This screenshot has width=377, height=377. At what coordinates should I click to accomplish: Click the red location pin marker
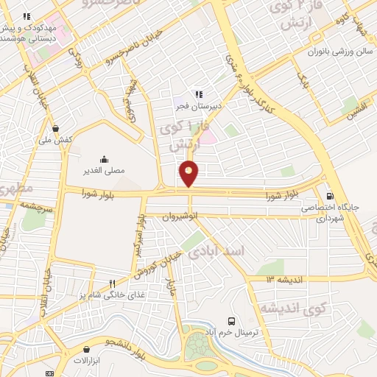pos(189,173)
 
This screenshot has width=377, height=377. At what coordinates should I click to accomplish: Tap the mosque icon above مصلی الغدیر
pos(103,159)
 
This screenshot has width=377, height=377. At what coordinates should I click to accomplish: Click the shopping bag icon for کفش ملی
pos(56,127)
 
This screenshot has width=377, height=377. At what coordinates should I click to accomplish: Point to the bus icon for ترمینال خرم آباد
pos(232,321)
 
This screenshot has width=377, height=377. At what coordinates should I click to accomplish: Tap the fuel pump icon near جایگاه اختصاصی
pos(328,196)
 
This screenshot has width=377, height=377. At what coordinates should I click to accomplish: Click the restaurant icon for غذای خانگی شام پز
pos(112,283)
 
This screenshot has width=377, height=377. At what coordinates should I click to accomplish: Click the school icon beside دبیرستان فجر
pos(198,94)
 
